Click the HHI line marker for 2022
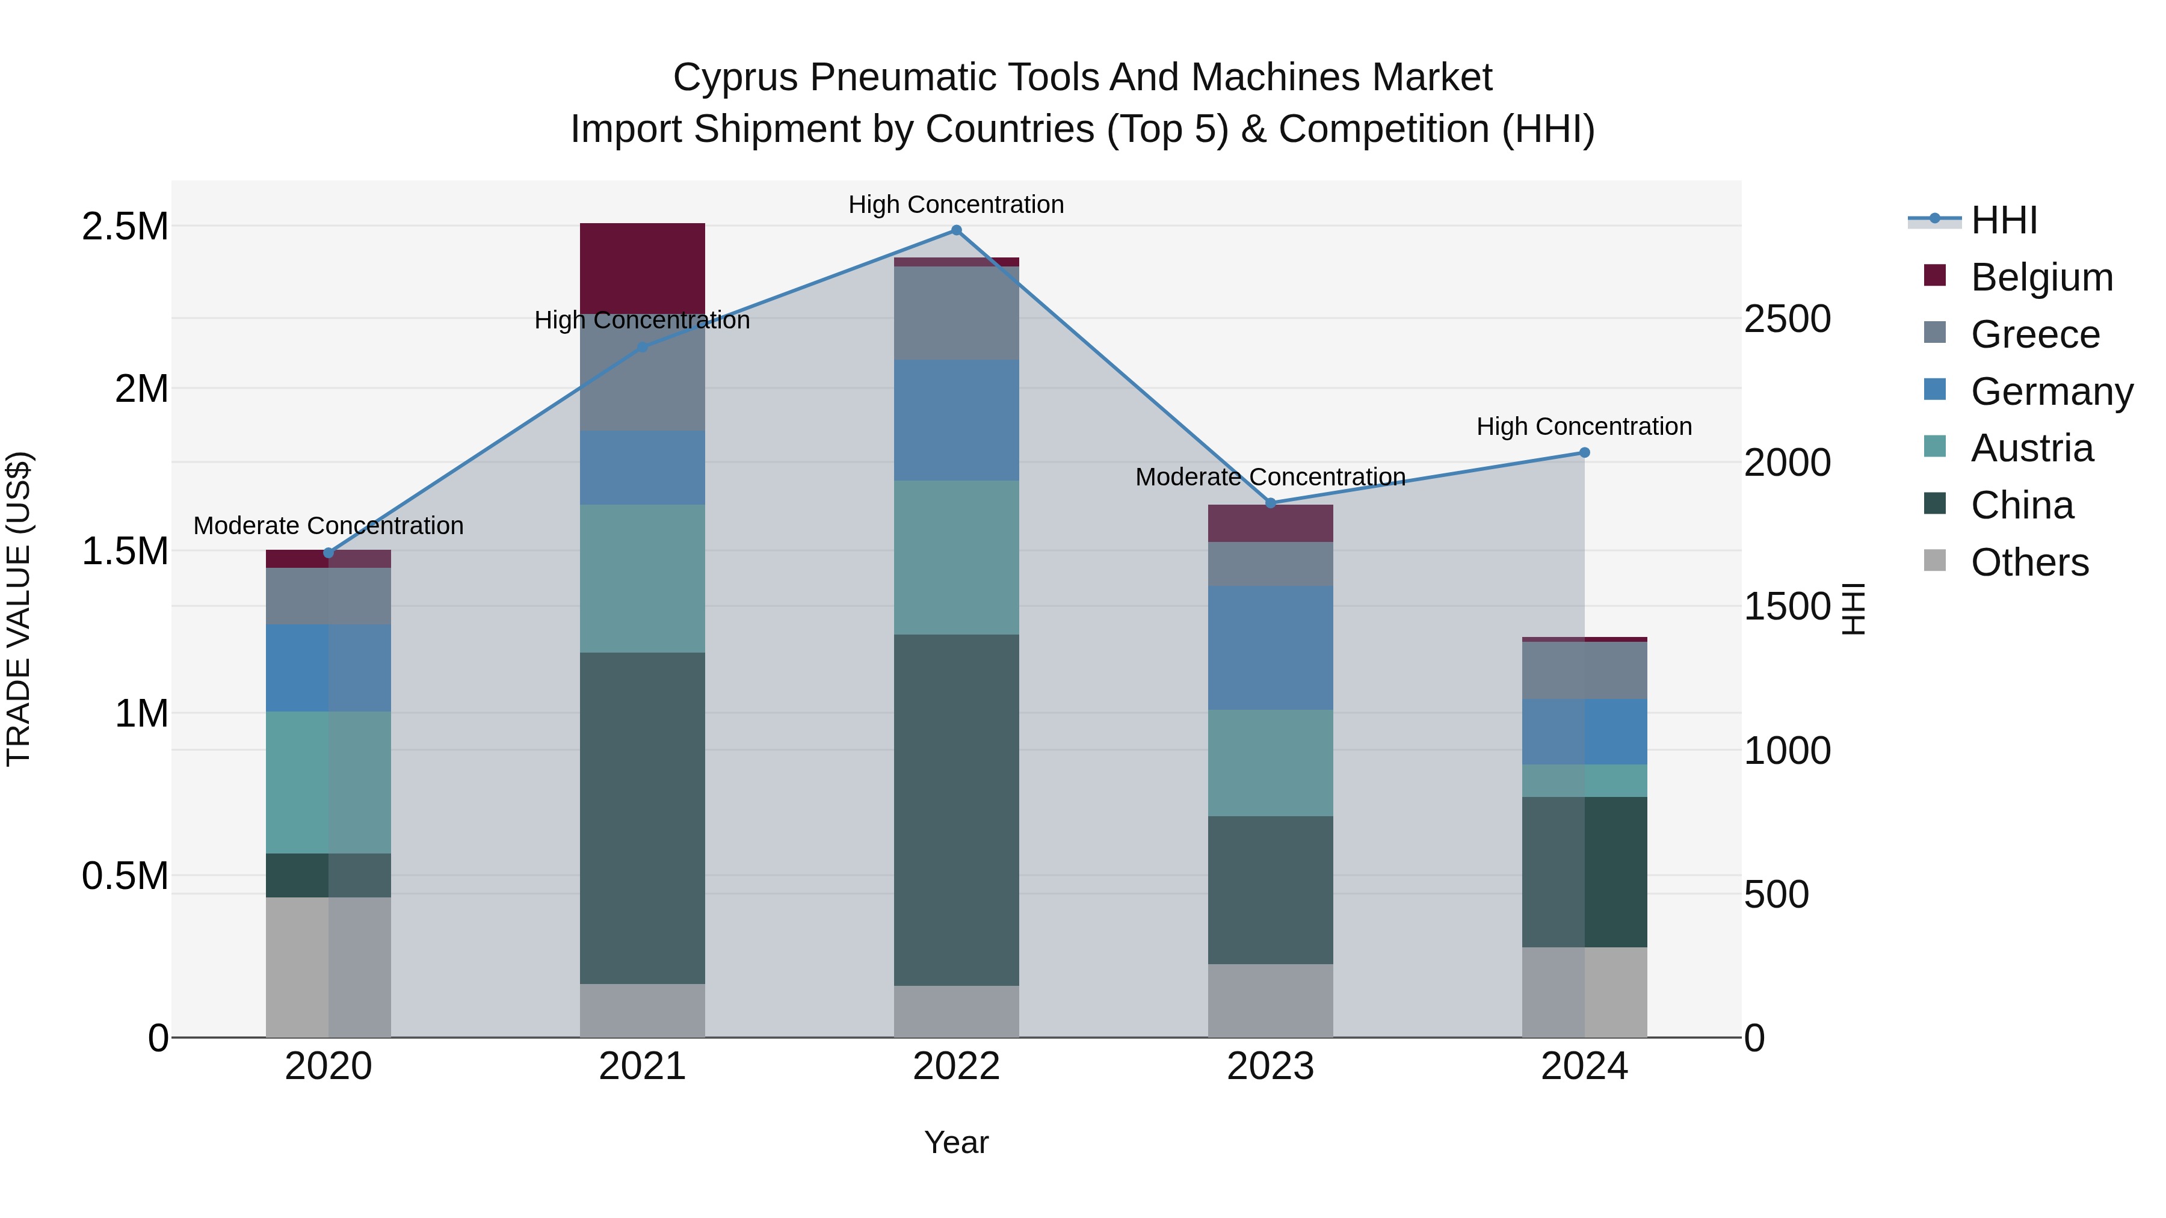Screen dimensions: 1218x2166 coord(956,230)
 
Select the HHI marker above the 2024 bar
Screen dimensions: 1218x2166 coord(1584,453)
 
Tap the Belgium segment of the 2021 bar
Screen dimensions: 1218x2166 coord(643,267)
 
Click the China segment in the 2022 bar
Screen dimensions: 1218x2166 coord(956,810)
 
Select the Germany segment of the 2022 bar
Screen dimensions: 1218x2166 coord(956,420)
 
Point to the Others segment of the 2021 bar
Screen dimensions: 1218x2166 coord(643,1010)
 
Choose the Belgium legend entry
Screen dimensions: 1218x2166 coord(2041,277)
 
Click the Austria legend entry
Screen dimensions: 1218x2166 coord(2031,448)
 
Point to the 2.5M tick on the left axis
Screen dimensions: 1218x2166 coord(125,227)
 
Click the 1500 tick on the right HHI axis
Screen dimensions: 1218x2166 coord(1787,607)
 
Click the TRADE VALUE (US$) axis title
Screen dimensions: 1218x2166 coord(19,609)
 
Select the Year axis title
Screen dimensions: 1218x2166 coord(956,1142)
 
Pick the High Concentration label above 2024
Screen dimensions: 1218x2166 coord(1584,427)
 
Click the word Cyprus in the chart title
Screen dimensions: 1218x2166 coord(735,78)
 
